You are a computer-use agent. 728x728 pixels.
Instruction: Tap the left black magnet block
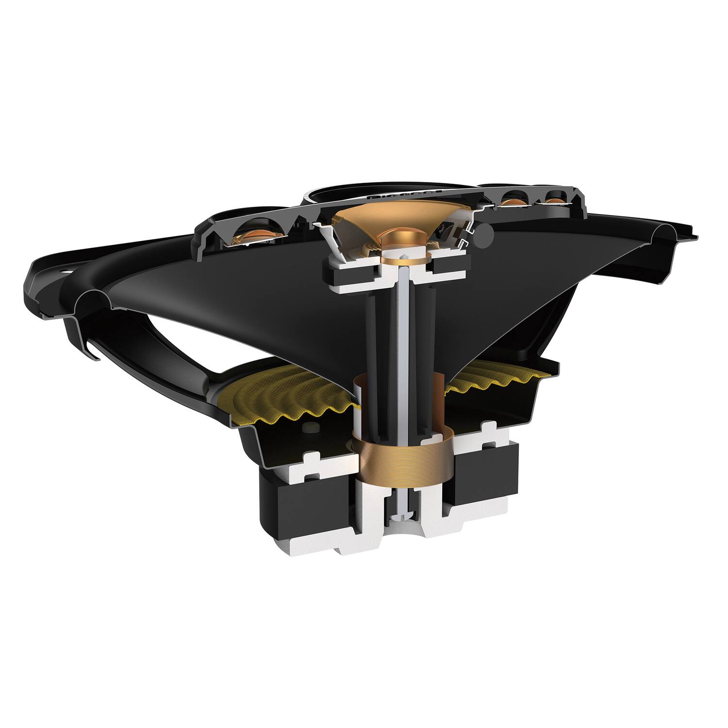pos(306,505)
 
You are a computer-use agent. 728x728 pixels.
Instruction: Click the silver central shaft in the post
pos(404,340)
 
